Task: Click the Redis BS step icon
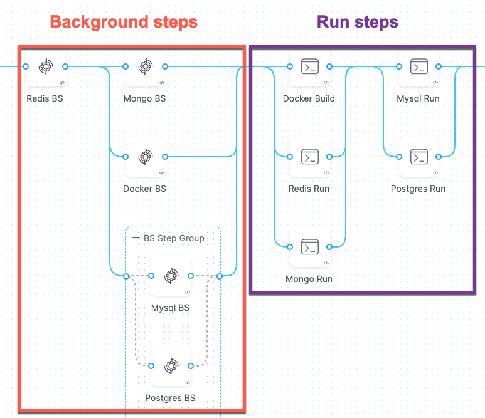46,66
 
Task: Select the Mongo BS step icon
145,66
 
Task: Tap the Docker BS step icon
145,156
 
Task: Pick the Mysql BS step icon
171,276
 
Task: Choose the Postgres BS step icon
171,365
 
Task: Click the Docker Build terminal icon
309,66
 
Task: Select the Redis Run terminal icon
309,156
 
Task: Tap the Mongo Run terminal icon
309,246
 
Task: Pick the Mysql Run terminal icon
418,66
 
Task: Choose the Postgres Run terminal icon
418,156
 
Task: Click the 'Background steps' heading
124,22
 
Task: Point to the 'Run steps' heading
357,23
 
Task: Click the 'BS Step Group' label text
174,238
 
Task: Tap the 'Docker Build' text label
309,98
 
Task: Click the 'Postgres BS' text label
170,398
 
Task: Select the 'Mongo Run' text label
309,279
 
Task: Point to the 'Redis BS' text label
45,98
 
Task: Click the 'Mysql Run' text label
418,98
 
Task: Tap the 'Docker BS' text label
144,189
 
